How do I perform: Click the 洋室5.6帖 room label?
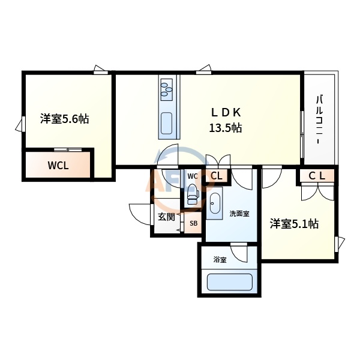pyautogui.click(x=65, y=119)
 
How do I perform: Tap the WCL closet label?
pyautogui.click(x=58, y=166)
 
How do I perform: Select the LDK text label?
pyautogui.click(x=226, y=112)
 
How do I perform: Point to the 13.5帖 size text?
pyautogui.click(x=226, y=128)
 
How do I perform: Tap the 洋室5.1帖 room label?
pyautogui.click(x=294, y=224)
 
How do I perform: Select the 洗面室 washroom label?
pyautogui.click(x=239, y=214)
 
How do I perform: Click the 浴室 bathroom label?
pyautogui.click(x=220, y=260)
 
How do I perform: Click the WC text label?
pyautogui.click(x=192, y=176)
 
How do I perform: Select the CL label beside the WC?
pyautogui.click(x=217, y=176)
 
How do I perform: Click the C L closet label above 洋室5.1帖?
pyautogui.click(x=317, y=176)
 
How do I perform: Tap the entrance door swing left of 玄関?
pyautogui.click(x=139, y=213)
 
